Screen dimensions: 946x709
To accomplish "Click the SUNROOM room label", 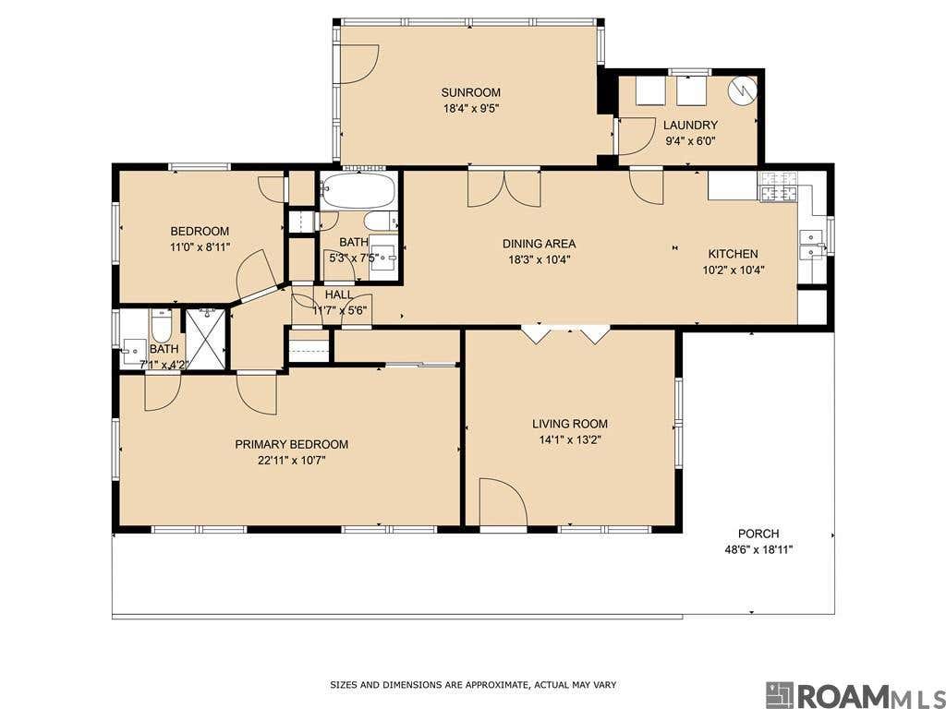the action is [x=470, y=92].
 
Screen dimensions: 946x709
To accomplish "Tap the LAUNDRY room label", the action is [x=690, y=126].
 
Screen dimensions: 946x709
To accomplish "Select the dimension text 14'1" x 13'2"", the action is [x=569, y=439].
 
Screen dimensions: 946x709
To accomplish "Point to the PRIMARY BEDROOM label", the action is [x=291, y=444].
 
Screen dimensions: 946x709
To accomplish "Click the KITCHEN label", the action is [x=733, y=254].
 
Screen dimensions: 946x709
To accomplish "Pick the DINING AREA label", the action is [x=539, y=244].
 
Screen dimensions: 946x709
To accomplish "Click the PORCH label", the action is [x=758, y=534].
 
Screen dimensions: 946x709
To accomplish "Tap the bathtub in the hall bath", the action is [x=358, y=190].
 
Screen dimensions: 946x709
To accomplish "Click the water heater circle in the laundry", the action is [x=742, y=90].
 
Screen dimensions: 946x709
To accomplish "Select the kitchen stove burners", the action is [x=779, y=186].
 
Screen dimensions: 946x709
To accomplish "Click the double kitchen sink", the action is [x=811, y=245].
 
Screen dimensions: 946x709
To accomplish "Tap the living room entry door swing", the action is [x=503, y=501].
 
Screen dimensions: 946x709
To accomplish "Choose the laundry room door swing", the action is [x=637, y=137].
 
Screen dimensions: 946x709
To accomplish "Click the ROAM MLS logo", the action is [x=855, y=695].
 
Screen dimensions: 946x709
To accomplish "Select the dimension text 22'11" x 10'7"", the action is [x=292, y=461].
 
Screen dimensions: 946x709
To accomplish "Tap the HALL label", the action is [x=339, y=294].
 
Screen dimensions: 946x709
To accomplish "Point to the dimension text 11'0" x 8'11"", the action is [x=200, y=246].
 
